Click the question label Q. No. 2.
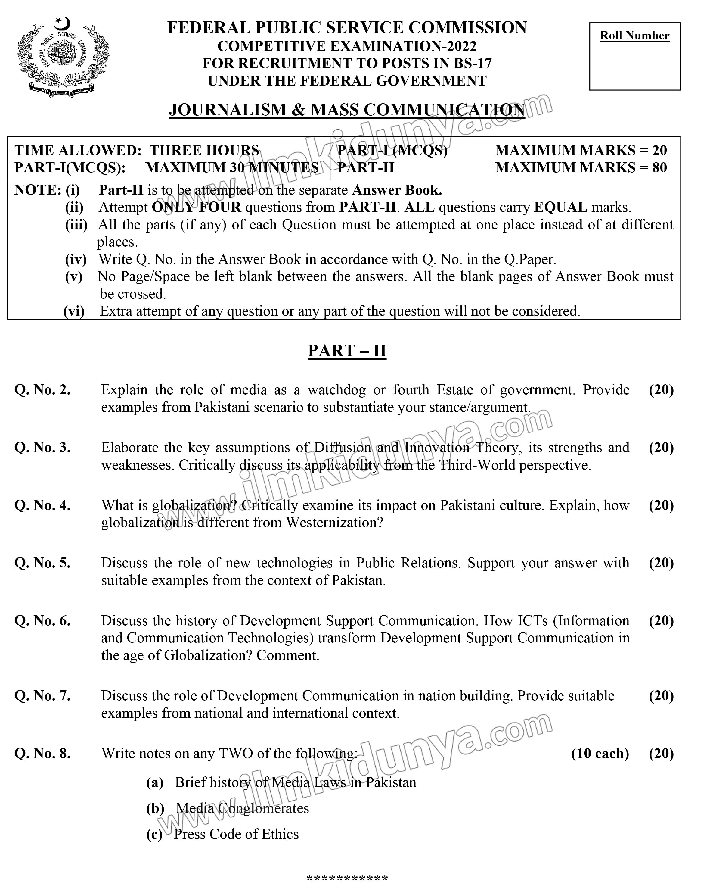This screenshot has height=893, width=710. [42, 390]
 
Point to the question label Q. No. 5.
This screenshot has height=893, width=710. [42, 563]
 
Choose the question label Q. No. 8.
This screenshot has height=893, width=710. [42, 753]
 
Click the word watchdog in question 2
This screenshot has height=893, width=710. [336, 390]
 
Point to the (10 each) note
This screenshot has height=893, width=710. [600, 753]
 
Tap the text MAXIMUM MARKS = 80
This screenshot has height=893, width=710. [581, 167]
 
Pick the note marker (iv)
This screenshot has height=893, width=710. [76, 259]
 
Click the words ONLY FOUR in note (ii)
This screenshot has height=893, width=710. [197, 207]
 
